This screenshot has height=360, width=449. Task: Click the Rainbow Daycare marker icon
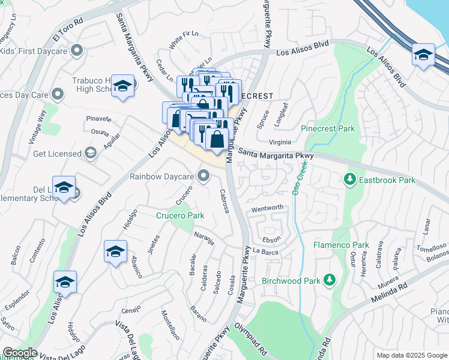point(204,176)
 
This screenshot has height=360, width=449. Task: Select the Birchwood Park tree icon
point(329,280)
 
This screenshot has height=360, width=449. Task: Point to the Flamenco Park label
point(341,245)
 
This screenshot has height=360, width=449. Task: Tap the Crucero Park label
point(180,215)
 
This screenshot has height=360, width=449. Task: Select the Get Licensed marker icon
point(91,154)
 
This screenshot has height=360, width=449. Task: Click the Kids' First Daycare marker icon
point(76,51)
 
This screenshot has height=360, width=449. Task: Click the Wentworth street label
point(267,208)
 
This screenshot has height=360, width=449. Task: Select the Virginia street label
point(280,142)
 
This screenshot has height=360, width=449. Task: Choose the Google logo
point(19,353)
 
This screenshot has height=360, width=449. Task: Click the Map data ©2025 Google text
point(411,355)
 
